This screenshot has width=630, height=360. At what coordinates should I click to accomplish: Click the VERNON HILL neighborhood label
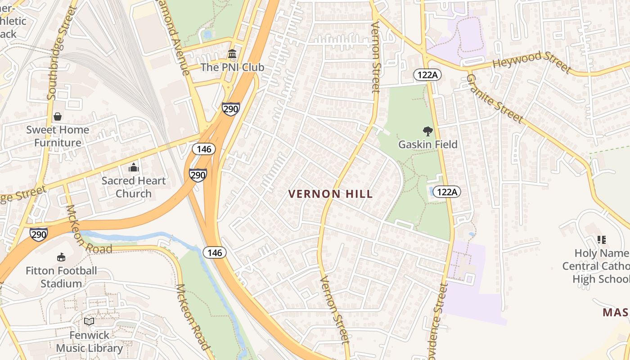tap(330, 194)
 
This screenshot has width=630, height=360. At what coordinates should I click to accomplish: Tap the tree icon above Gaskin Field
tap(427, 131)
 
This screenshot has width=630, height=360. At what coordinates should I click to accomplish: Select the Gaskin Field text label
tap(427, 144)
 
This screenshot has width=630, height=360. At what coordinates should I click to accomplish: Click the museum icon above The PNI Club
tap(232, 54)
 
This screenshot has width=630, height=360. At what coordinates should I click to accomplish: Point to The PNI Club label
tap(232, 67)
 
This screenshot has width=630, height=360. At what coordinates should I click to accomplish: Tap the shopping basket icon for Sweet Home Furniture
tap(58, 117)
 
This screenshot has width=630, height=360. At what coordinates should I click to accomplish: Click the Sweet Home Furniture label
tap(58, 136)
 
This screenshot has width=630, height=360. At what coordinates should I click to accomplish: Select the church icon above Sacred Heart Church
tap(133, 168)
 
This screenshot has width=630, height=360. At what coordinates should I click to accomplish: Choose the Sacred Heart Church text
tap(133, 187)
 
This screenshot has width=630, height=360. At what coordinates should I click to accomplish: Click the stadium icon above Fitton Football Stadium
tap(61, 257)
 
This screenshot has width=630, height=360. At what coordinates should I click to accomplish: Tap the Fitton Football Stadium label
tap(61, 277)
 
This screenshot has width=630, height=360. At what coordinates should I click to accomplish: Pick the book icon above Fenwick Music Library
tap(89, 322)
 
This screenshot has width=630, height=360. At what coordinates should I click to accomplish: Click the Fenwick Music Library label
tap(89, 342)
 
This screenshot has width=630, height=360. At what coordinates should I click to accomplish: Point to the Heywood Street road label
tap(531, 62)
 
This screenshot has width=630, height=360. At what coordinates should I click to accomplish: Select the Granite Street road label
tap(495, 99)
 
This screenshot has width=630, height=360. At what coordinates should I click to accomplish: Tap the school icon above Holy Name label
tap(601, 240)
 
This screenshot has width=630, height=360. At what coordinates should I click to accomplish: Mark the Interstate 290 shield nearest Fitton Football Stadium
tap(39, 234)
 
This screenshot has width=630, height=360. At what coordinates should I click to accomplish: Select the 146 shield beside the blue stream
tap(215, 252)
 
